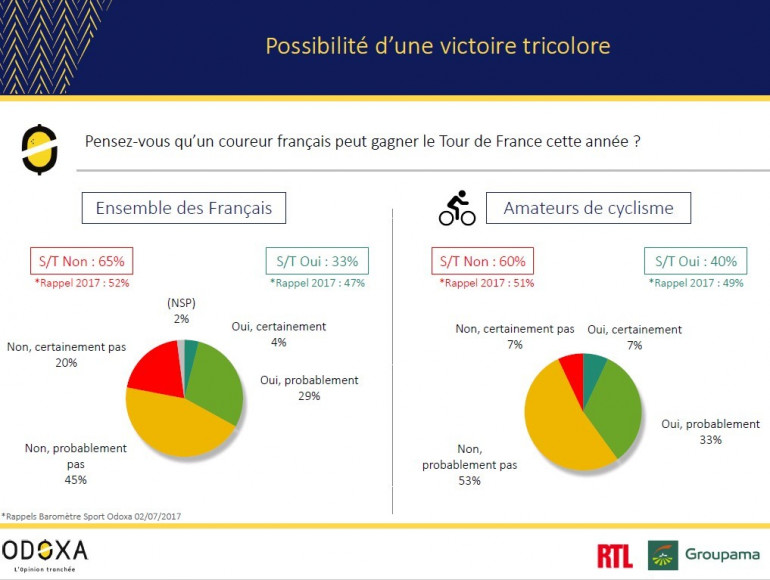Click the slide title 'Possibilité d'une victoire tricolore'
(437, 46)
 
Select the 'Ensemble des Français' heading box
(184, 208)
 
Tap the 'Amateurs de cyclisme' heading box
(588, 208)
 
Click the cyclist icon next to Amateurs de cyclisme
(457, 208)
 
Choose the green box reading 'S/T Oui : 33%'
(317, 261)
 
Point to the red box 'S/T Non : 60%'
(483, 261)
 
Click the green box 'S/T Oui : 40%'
(696, 261)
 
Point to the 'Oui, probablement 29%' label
(294, 388)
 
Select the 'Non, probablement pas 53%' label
(469, 466)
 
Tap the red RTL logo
(614, 556)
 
